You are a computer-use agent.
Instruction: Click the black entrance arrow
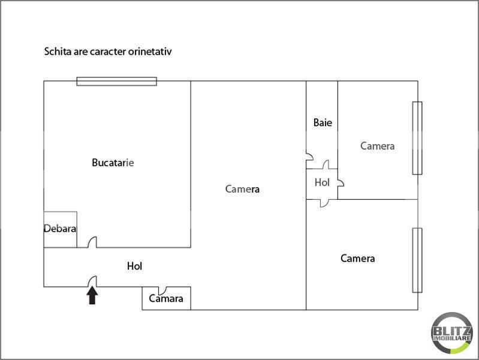click(92, 296)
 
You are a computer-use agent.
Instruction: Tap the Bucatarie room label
click(113, 163)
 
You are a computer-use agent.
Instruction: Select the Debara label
click(60, 229)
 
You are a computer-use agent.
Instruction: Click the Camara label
click(166, 298)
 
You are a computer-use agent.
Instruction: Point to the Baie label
click(323, 122)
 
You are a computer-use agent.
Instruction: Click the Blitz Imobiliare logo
click(452, 333)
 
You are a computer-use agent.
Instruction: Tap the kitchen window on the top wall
click(117, 82)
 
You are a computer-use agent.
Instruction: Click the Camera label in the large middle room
click(242, 189)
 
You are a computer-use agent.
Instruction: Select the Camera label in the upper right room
click(377, 146)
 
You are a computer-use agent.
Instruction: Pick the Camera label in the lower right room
click(357, 259)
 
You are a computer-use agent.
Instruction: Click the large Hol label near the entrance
click(135, 266)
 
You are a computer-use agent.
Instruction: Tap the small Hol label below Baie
click(322, 182)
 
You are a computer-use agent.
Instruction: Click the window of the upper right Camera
click(417, 138)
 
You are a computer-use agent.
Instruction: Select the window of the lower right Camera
click(417, 260)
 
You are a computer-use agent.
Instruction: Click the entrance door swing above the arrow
click(92, 281)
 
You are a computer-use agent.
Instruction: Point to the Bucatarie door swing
click(92, 242)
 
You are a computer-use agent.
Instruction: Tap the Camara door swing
click(163, 291)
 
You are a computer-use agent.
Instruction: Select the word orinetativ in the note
click(150, 52)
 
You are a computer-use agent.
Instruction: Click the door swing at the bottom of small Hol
click(325, 203)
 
